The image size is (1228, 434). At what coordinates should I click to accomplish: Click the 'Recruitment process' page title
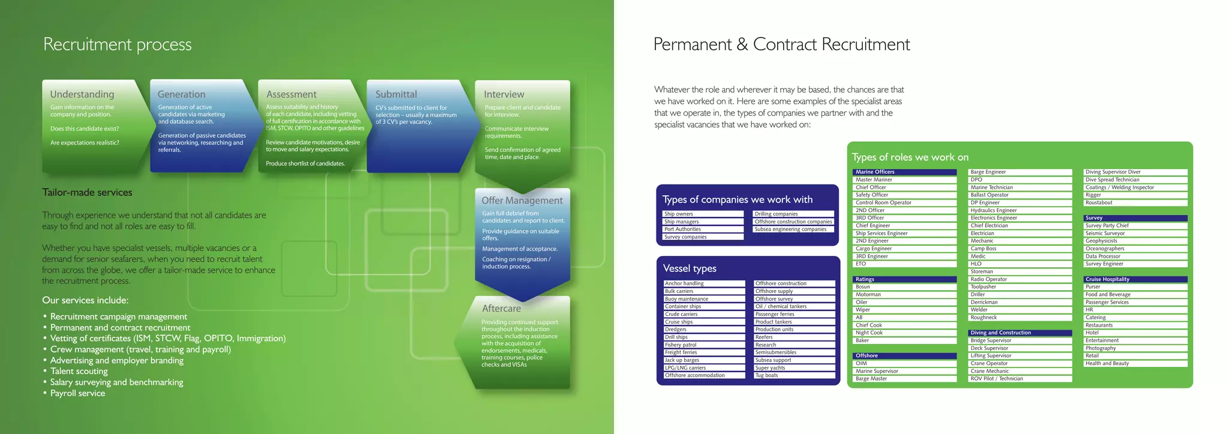pyautogui.click(x=118, y=44)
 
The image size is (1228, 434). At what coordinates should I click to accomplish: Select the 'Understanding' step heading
pyautogui.click(x=82, y=94)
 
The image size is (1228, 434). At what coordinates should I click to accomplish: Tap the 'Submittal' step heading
pyautogui.click(x=396, y=94)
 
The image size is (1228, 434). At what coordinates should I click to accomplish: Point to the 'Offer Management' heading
pyautogui.click(x=522, y=200)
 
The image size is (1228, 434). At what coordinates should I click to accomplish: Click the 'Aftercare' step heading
pyautogui.click(x=501, y=308)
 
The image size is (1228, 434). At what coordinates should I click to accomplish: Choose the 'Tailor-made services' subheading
pyautogui.click(x=87, y=192)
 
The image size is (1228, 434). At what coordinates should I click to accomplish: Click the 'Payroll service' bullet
pyautogui.click(x=77, y=393)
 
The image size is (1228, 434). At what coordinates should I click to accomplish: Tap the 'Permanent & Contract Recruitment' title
pyautogui.click(x=781, y=44)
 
